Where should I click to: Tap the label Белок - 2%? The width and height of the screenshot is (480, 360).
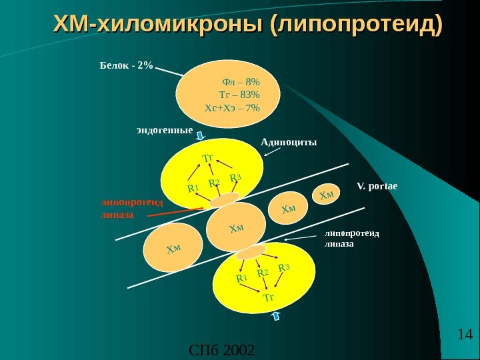[126, 66]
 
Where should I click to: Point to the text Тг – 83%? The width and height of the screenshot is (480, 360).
[239, 95]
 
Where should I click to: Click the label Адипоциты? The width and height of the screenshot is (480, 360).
[288, 142]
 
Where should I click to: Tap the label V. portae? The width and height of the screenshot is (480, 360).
[377, 185]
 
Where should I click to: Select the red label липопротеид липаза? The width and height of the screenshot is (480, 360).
[121, 207]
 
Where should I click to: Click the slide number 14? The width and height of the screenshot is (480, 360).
[465, 333]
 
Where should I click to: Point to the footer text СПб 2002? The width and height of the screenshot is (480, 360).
[222, 350]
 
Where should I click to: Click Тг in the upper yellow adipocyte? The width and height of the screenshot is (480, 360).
[208, 158]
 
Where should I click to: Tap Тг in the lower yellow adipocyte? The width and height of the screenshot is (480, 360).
[269, 297]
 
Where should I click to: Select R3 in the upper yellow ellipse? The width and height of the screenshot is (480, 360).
[235, 178]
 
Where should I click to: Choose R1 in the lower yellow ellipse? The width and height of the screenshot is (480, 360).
[241, 278]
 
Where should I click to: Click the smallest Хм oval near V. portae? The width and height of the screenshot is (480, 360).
[327, 194]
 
